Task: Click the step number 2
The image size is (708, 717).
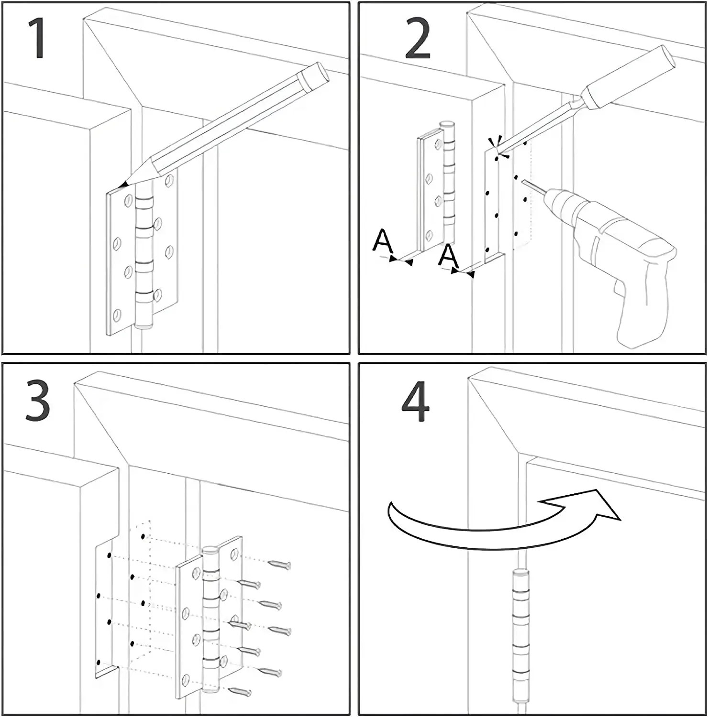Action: pyautogui.click(x=418, y=39)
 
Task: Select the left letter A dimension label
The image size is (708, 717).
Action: pyautogui.click(x=382, y=241)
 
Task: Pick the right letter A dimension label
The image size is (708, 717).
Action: pyautogui.click(x=448, y=256)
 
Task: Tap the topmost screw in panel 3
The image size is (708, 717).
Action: pyautogui.click(x=280, y=565)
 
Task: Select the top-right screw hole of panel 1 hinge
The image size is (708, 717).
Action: pyautogui.click(x=169, y=181)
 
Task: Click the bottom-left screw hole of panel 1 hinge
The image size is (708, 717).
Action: pyautogui.click(x=117, y=315)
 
